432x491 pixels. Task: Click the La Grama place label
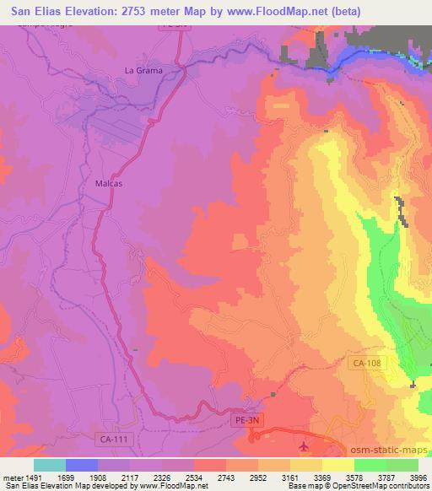click(x=143, y=70)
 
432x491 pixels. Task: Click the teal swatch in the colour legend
click(x=50, y=465)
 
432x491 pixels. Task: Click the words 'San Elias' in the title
click(x=39, y=11)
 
